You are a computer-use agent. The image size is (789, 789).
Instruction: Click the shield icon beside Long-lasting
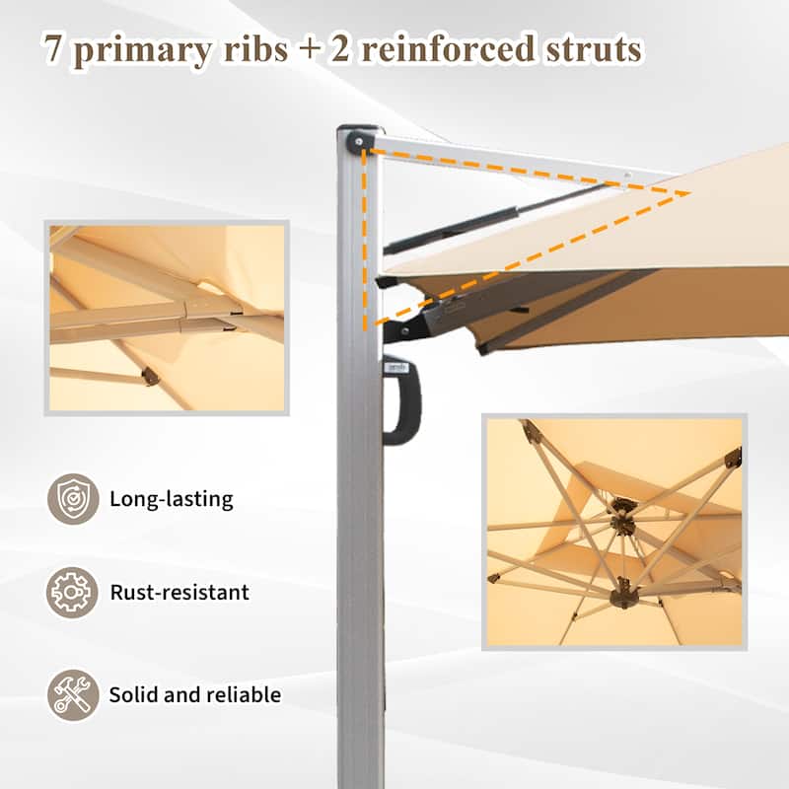tap(73, 499)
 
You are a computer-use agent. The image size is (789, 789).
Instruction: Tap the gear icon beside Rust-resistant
tap(73, 593)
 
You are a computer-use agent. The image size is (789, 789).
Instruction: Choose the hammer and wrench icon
tap(73, 694)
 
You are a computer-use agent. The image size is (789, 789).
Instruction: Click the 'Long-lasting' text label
tap(172, 499)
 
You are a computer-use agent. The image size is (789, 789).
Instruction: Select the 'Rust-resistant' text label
tap(179, 593)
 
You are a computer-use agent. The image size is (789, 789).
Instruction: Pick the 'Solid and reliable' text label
tap(194, 694)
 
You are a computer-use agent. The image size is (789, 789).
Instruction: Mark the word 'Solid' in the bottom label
tap(132, 694)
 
